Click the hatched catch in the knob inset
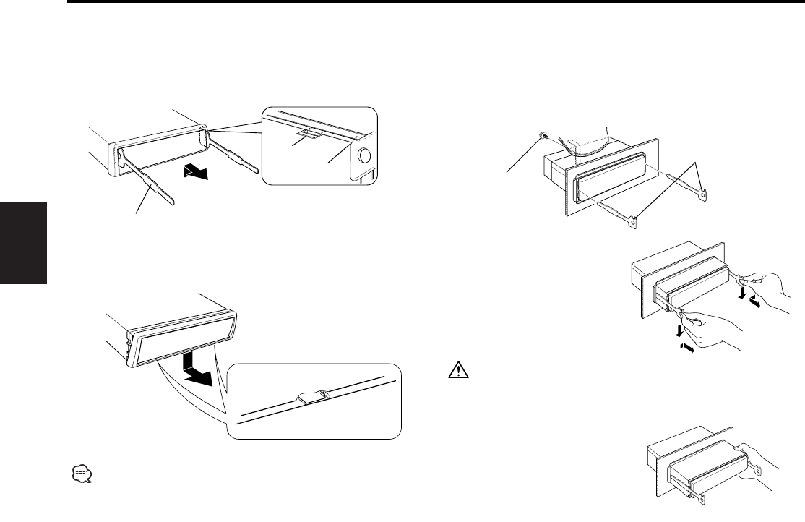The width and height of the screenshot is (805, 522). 307,135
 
